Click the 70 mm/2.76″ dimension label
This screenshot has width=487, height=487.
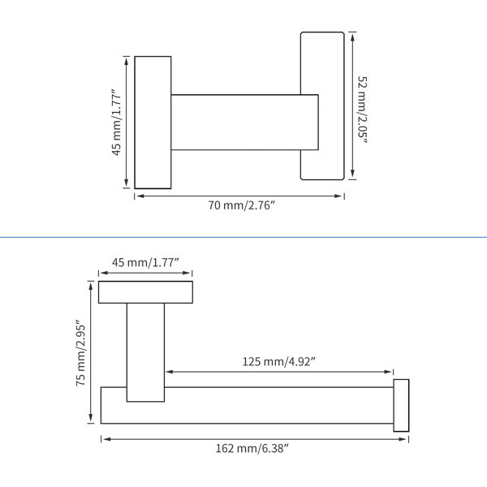[242, 205]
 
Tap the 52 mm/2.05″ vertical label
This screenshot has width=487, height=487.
[363, 110]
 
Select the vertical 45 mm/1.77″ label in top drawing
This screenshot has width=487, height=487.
[117, 122]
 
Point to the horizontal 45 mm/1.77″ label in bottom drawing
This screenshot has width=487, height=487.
[145, 262]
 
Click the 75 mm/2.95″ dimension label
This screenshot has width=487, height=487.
[80, 353]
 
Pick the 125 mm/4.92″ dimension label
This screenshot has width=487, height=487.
[279, 362]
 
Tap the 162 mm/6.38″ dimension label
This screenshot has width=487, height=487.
[252, 449]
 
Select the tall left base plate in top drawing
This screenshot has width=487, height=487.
[153, 123]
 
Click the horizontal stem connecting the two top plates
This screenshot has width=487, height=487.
[245, 123]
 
